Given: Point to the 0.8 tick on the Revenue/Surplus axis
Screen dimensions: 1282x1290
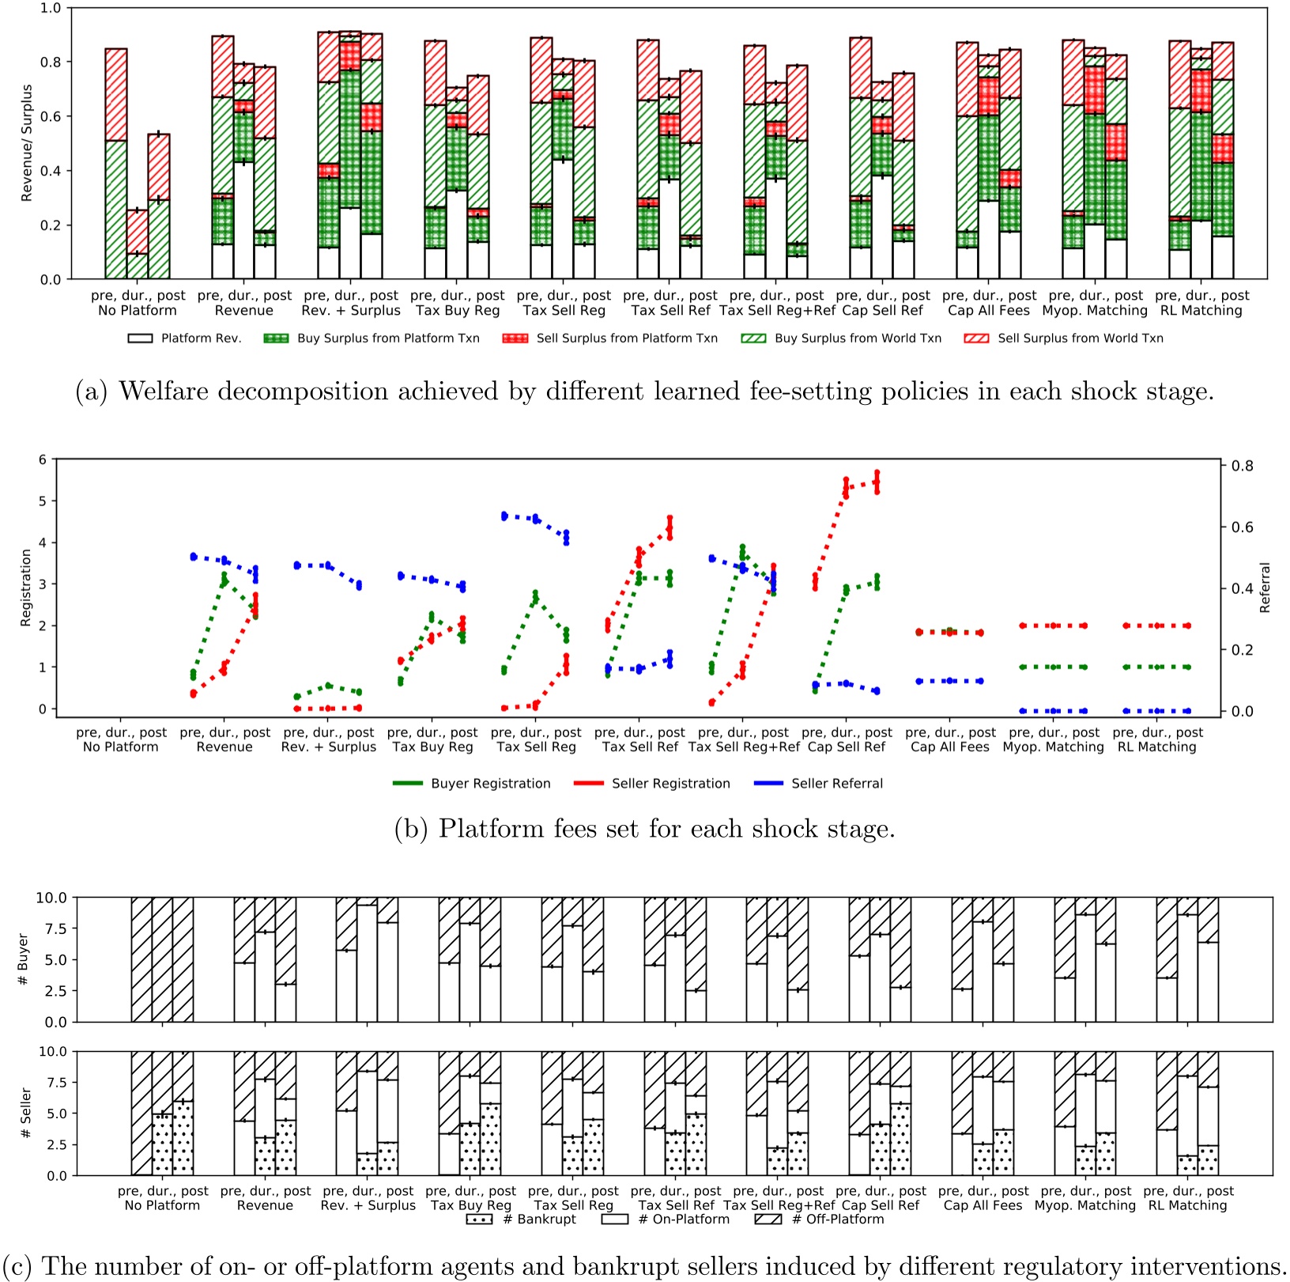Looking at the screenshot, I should pos(51,62).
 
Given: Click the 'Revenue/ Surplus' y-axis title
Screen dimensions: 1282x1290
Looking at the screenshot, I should pos(28,143).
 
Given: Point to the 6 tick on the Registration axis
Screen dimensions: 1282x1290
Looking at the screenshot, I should pos(43,459).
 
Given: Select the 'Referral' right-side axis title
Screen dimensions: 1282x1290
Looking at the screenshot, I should pos(1265,588).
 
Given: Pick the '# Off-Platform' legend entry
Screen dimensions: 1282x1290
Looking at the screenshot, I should pos(837,1220).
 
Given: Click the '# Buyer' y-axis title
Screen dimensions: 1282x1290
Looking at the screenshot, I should pos(23,959).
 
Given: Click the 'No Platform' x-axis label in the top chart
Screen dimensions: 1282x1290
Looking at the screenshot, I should pos(138,311).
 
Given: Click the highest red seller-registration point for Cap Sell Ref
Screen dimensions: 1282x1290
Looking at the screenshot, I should pos(877,473).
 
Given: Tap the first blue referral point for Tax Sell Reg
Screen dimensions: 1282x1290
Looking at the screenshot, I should pos(504,516).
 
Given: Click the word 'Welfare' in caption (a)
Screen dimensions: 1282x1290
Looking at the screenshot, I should pos(165,391).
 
